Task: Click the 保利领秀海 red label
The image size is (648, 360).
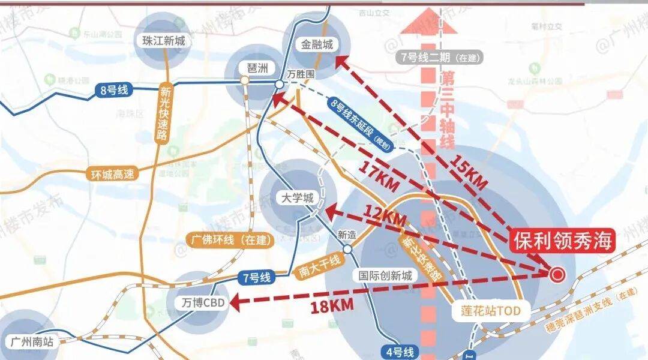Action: point(563,241)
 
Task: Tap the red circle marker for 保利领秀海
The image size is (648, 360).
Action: point(557,274)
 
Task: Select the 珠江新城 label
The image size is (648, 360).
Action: point(164,41)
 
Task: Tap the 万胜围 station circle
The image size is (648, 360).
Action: point(280,85)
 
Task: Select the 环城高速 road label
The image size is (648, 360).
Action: point(112,174)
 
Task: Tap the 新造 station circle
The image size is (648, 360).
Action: point(347,248)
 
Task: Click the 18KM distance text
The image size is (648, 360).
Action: point(332,305)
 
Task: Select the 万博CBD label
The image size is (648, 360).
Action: point(203,303)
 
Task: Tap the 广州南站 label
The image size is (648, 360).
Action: point(32,342)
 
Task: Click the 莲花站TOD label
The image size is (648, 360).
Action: point(486,310)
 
